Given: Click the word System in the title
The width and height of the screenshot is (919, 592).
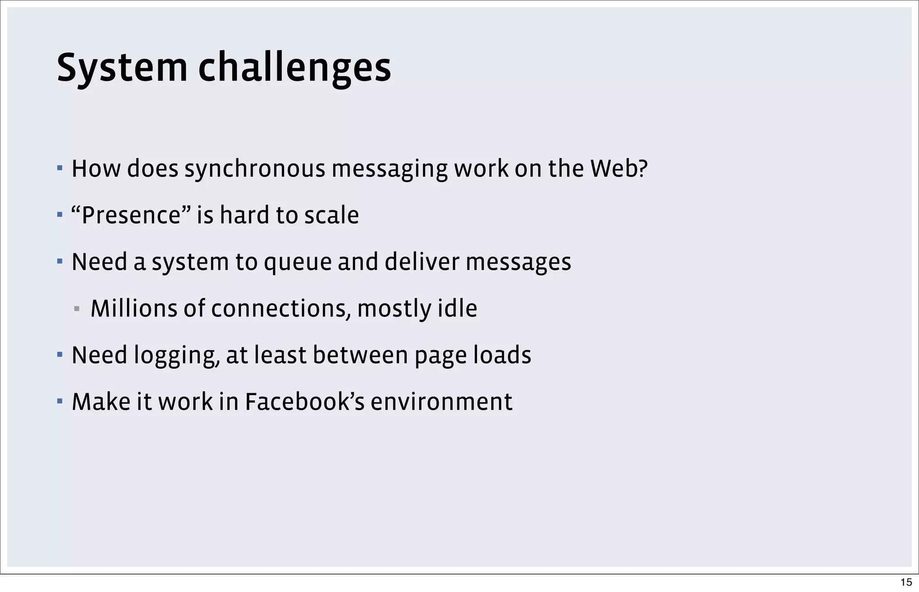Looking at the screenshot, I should pyautogui.click(x=122, y=68).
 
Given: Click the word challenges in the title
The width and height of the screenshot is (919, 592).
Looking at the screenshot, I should pyautogui.click(x=294, y=68).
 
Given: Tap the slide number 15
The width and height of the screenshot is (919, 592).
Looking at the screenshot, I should pyautogui.click(x=906, y=582).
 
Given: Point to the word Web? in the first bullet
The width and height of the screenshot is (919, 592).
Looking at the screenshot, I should pyautogui.click(x=619, y=169).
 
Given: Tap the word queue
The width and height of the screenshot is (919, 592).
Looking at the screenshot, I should pyautogui.click(x=298, y=262).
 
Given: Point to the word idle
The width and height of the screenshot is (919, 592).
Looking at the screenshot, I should pyautogui.click(x=457, y=309).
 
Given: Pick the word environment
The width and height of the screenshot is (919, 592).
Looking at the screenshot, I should pyautogui.click(x=442, y=402).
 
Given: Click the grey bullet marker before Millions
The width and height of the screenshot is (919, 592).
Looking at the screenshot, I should pyautogui.click(x=77, y=309).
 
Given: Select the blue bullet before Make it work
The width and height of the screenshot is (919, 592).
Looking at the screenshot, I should pyautogui.click(x=60, y=400).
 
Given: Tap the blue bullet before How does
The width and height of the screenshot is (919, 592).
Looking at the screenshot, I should pyautogui.click(x=60, y=168).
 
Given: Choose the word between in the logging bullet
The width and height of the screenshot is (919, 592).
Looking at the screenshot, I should pyautogui.click(x=360, y=355).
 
